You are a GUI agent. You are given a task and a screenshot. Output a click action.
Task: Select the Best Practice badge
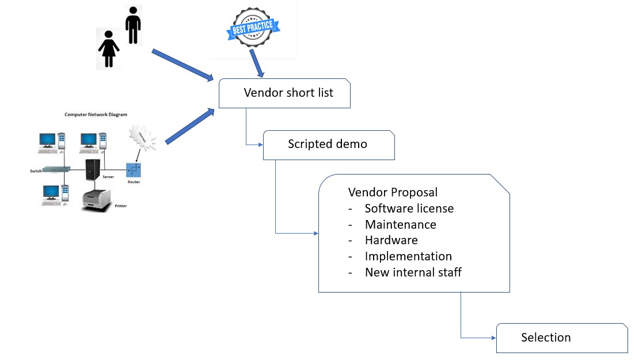click(253, 27)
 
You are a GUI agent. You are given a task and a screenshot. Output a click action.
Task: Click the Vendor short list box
click(284, 93)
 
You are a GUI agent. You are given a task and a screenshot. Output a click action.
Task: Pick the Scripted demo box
click(328, 145)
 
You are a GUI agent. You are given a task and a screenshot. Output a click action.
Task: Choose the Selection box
click(561, 338)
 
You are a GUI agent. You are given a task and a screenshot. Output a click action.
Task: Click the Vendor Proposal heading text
click(393, 192)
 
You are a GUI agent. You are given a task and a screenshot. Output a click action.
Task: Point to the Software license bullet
click(409, 208)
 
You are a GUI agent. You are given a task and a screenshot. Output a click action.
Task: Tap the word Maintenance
click(400, 224)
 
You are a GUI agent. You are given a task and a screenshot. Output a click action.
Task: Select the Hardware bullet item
click(391, 240)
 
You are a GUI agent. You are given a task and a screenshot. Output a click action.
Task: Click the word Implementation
click(408, 256)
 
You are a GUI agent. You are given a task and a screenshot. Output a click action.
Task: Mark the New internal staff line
click(413, 272)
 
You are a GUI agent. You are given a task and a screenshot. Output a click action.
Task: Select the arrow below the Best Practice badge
click(256, 64)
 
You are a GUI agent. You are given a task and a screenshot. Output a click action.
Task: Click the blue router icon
click(134, 170)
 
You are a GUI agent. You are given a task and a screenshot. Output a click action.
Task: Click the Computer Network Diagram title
click(96, 115)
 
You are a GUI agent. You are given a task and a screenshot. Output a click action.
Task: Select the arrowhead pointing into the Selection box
click(493, 338)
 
